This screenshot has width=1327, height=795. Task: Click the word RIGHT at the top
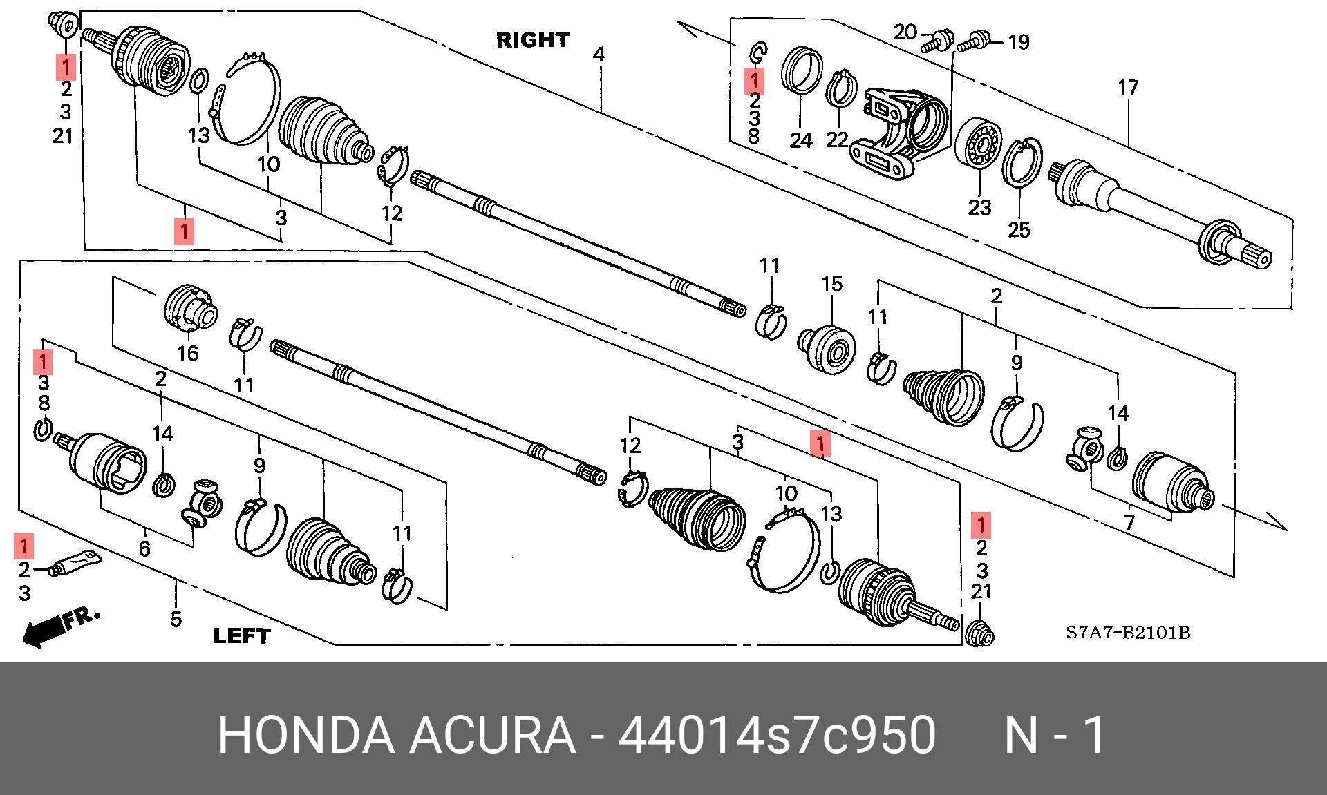pyautogui.click(x=532, y=40)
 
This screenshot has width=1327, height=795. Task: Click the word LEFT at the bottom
pyautogui.click(x=242, y=635)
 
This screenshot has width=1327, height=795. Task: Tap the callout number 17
pyautogui.click(x=1128, y=88)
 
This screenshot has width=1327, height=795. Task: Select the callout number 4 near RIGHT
pyautogui.click(x=599, y=54)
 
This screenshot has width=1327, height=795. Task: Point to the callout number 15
pyautogui.click(x=832, y=284)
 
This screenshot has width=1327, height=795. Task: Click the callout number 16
pyautogui.click(x=188, y=354)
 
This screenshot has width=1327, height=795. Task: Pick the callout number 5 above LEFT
pyautogui.click(x=176, y=619)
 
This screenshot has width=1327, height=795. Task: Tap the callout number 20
pyautogui.click(x=905, y=32)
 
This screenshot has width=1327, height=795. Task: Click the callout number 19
pyautogui.click(x=1018, y=42)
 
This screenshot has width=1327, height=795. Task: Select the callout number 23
pyautogui.click(x=979, y=207)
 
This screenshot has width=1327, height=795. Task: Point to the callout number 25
pyautogui.click(x=1019, y=229)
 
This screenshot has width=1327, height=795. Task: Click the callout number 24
pyautogui.click(x=801, y=140)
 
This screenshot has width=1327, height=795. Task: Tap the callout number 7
pyautogui.click(x=1129, y=522)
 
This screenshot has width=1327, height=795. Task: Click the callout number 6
pyautogui.click(x=144, y=549)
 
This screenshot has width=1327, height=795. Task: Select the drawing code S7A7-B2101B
pyautogui.click(x=1128, y=633)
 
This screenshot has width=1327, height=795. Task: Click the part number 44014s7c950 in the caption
pyautogui.click(x=777, y=734)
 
